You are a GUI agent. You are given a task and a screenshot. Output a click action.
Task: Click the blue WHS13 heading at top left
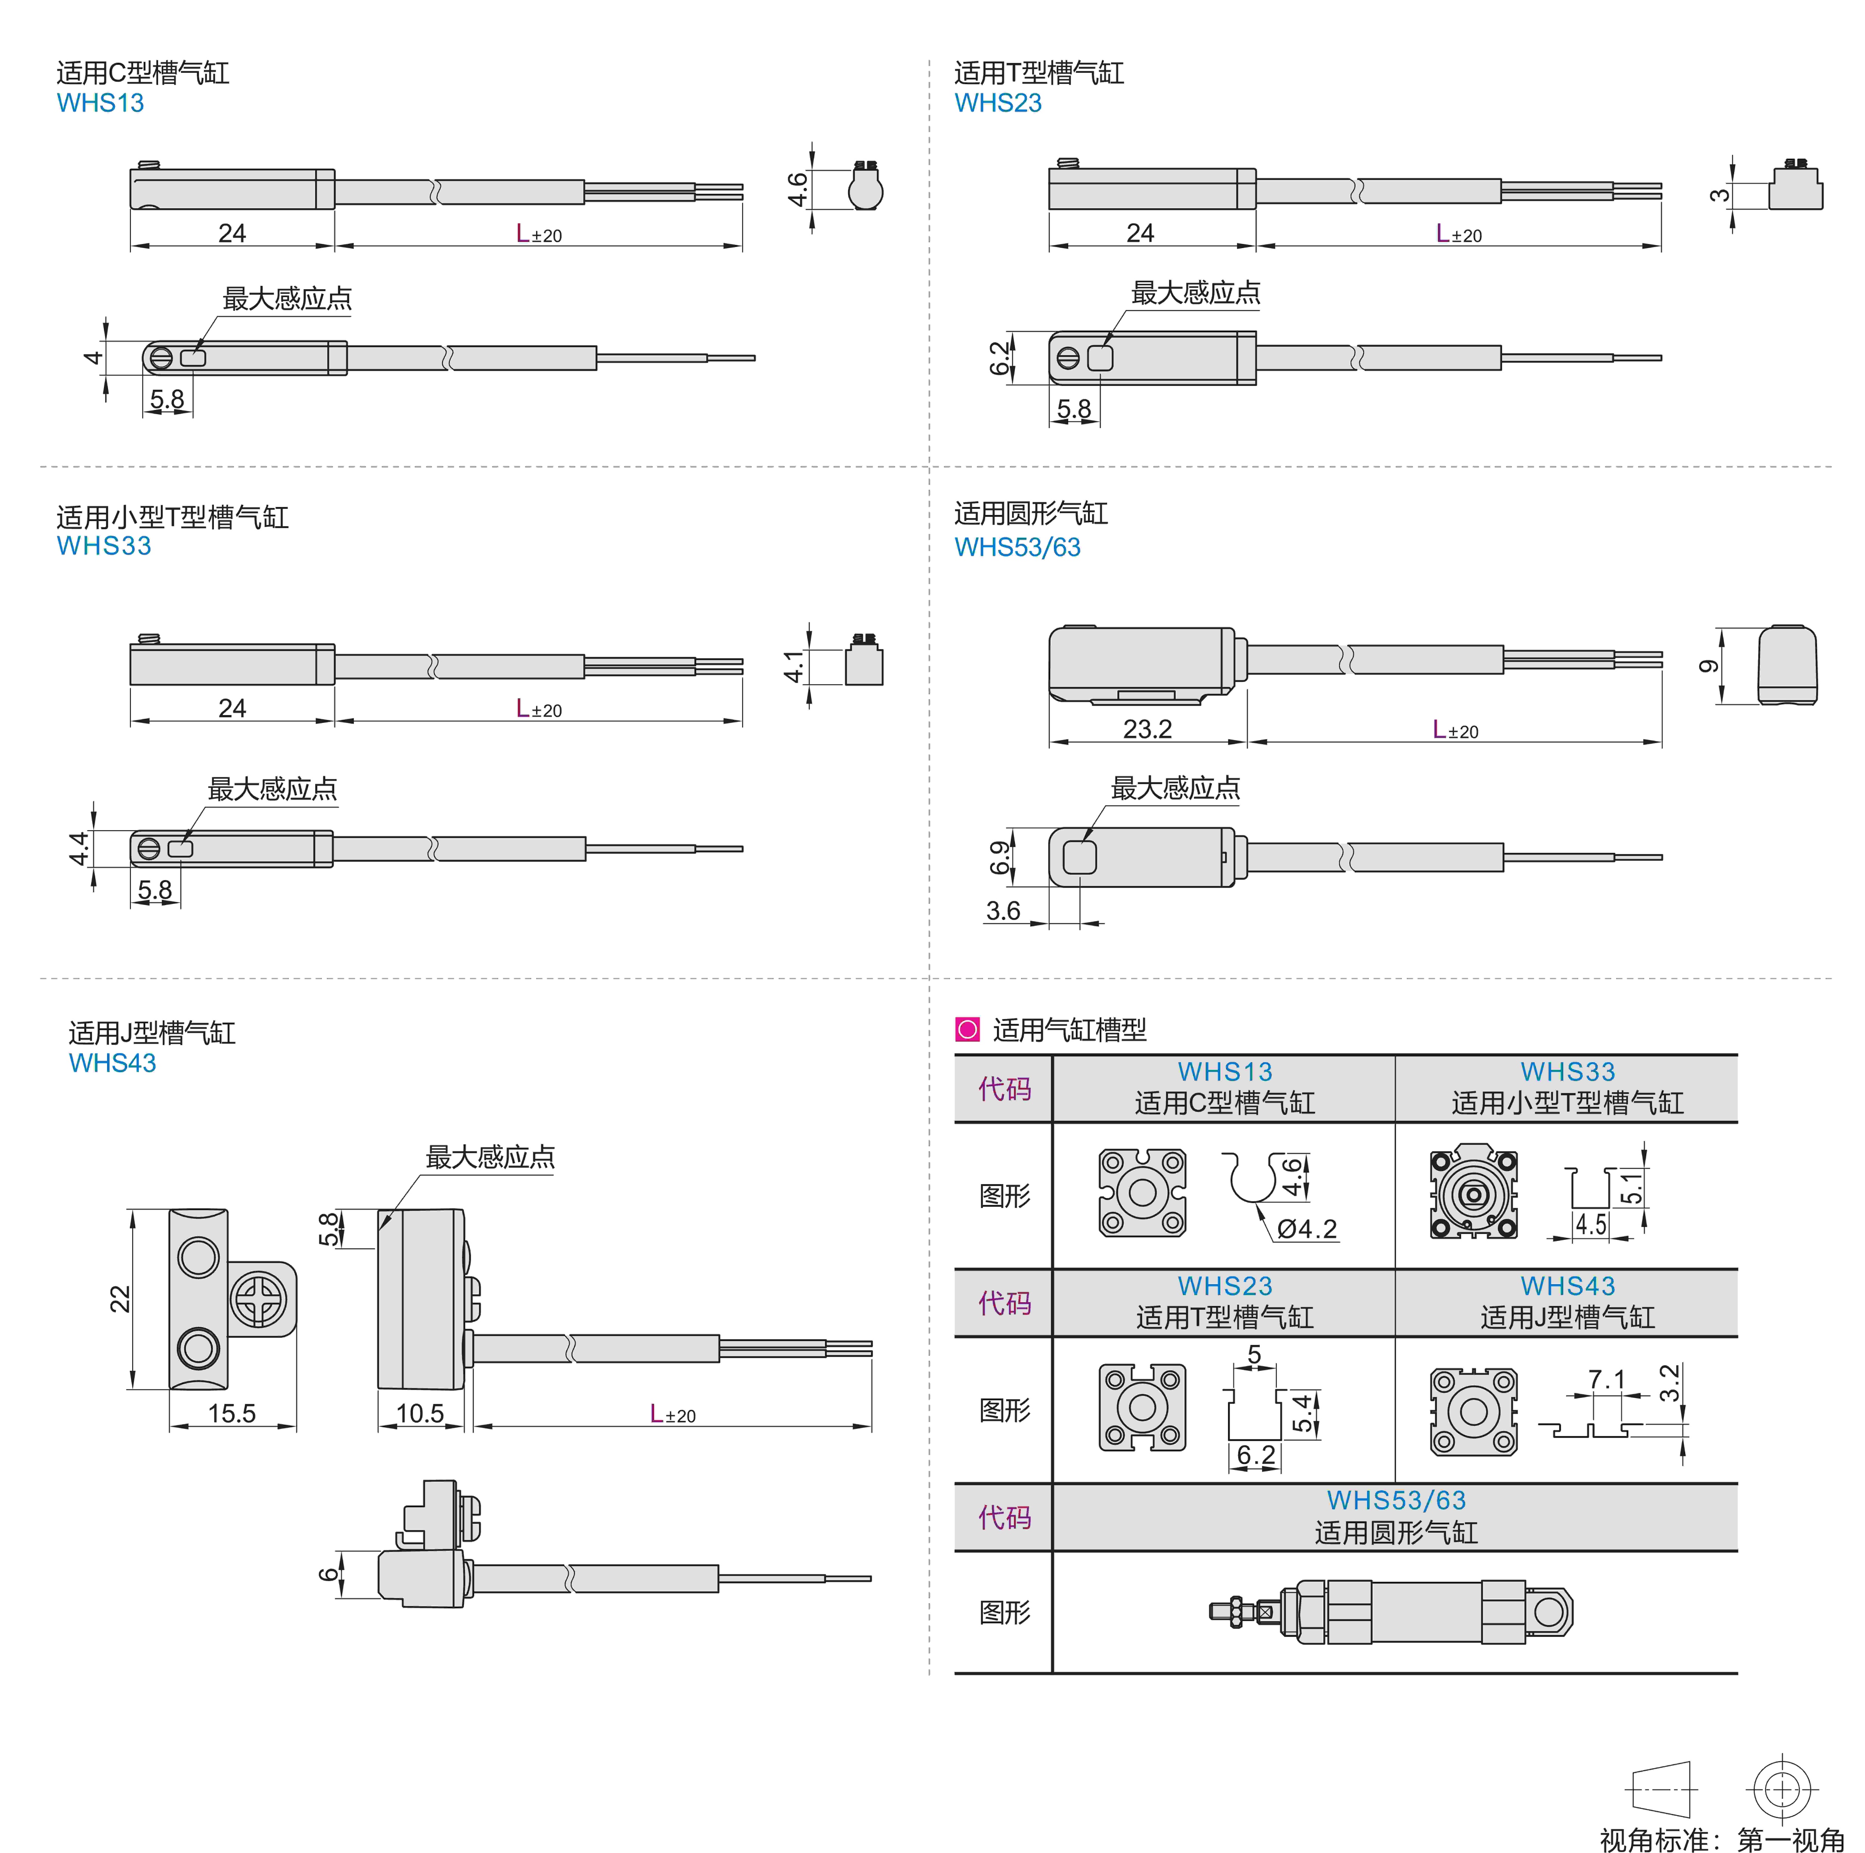click(100, 103)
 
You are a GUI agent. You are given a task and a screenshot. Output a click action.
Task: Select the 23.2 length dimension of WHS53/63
click(1147, 729)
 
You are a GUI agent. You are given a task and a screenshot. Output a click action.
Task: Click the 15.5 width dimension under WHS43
click(232, 1414)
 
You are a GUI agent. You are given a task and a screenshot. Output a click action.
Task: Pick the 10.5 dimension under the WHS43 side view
click(420, 1414)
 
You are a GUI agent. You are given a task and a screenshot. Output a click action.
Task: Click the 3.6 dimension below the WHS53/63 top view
click(1003, 911)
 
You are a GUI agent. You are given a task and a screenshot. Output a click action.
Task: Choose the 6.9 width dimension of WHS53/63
click(1000, 857)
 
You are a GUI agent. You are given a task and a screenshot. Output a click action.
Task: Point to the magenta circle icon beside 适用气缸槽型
click(966, 1029)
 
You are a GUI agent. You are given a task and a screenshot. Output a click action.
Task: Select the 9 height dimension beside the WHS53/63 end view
click(1709, 666)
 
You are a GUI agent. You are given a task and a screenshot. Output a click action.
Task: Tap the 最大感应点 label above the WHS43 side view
click(490, 1157)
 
